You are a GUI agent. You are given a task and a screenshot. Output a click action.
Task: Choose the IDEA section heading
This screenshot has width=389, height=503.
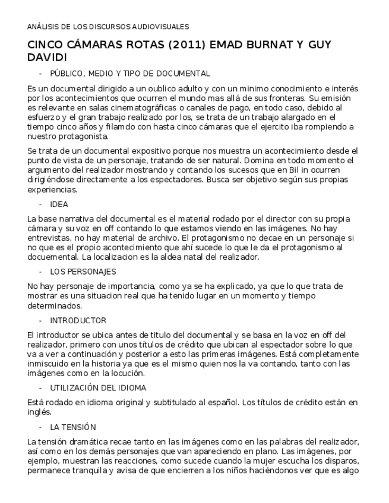[59, 204]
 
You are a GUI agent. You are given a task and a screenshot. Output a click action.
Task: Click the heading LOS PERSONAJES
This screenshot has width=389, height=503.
[83, 271]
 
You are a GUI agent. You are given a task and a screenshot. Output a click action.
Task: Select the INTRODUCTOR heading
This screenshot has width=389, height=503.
[78, 320]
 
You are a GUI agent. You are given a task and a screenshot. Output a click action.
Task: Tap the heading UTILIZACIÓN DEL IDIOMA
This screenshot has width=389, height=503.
[99, 387]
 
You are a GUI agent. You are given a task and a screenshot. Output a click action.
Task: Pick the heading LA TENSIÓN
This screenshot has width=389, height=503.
[73, 427]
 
